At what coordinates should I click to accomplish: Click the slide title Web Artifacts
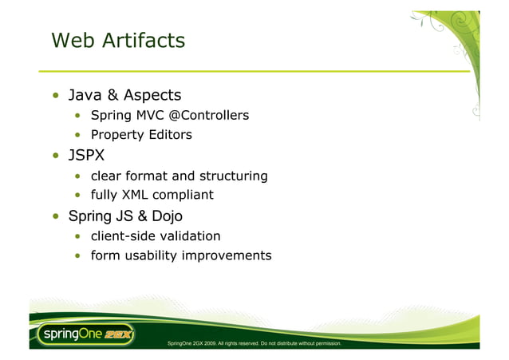click(x=117, y=40)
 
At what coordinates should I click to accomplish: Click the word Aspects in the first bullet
click(x=152, y=96)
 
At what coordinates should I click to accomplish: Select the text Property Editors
click(x=141, y=135)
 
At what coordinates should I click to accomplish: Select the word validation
click(x=192, y=236)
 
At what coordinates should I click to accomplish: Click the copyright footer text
click(x=254, y=343)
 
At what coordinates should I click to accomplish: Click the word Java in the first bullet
click(x=85, y=96)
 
